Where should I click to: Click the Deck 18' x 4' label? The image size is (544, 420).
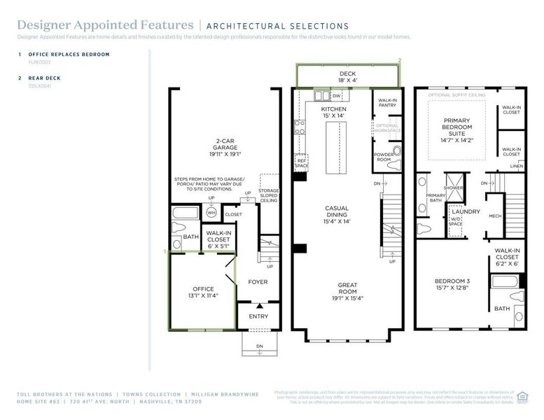tap(347, 77)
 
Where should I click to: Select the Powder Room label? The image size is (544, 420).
tap(384, 157)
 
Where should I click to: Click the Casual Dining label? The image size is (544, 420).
tap(337, 214)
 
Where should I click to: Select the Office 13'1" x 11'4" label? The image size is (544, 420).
tap(203, 293)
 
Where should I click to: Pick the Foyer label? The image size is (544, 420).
tap(258, 282)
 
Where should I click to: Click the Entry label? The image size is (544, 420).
tap(258, 316)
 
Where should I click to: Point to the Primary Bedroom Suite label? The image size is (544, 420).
tap(457, 129)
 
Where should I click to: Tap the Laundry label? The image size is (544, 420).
tap(465, 211)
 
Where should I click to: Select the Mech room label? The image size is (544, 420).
tap(495, 216)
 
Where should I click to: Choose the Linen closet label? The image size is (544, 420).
tap(516, 166)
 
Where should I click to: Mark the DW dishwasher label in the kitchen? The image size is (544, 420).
tap(336, 96)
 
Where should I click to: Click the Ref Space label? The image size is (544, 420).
tap(302, 162)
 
